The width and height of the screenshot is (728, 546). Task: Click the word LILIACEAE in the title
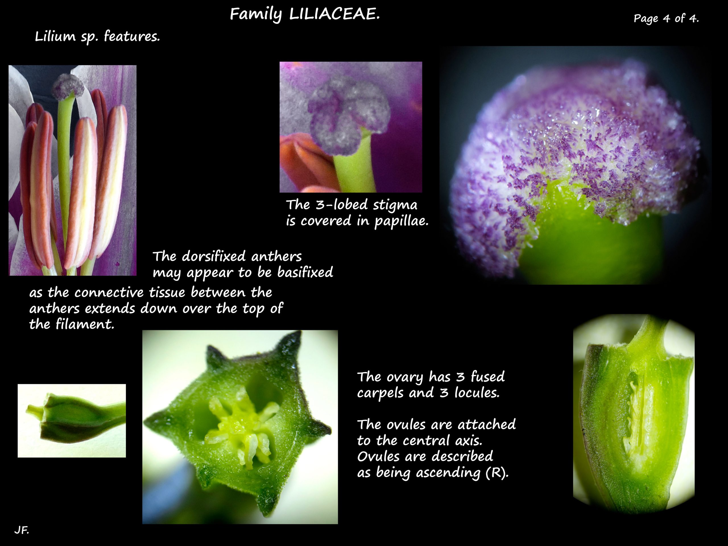tap(334, 14)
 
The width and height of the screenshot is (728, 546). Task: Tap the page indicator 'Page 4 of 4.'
tap(666, 18)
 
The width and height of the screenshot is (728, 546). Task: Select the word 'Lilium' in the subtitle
tap(55, 36)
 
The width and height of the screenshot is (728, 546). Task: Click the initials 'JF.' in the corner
tap(22, 530)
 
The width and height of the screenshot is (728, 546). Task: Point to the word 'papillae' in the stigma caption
tap(401, 221)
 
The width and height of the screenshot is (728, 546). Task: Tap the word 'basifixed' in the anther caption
tap(305, 272)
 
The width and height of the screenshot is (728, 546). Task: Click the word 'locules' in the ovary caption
tap(477, 393)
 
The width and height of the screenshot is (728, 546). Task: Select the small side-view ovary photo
tap(72, 421)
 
